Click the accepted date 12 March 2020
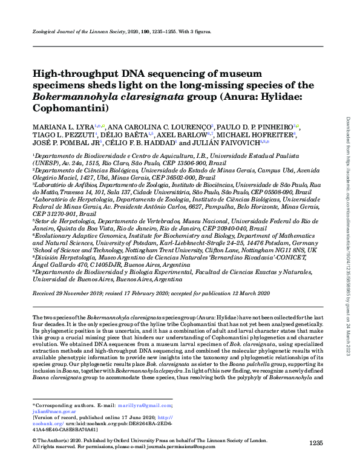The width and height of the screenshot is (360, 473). pyautogui.click(x=250, y=293)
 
